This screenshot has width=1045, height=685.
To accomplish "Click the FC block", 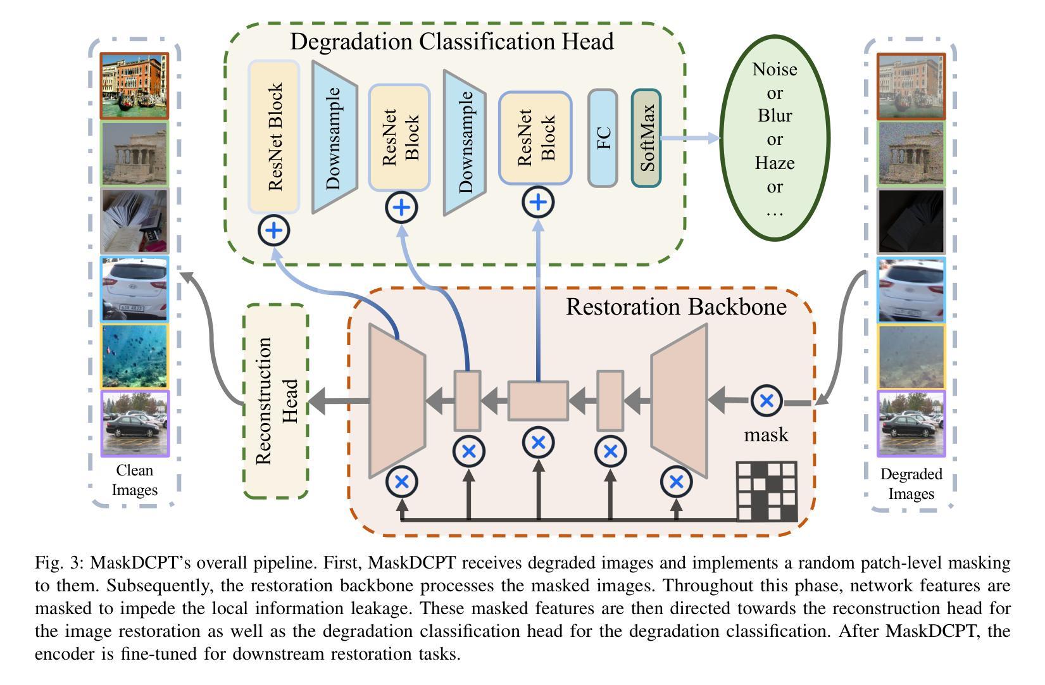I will (603, 138).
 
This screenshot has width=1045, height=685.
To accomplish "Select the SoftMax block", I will (646, 138).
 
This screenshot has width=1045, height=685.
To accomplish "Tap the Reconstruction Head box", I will (276, 400).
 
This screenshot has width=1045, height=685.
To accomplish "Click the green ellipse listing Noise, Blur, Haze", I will (774, 139).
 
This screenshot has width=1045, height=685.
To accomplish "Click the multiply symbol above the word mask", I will (767, 401).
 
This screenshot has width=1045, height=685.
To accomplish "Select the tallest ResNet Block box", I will (274, 137).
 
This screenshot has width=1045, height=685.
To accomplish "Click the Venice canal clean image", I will (135, 86).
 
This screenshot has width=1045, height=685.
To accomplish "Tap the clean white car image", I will (135, 289).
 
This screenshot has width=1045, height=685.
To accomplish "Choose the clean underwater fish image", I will (135, 356).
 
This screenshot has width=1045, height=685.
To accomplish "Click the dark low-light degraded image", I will (910, 221).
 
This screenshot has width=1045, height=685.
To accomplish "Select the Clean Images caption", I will (134, 480).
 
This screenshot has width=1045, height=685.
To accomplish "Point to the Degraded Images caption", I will (911, 484).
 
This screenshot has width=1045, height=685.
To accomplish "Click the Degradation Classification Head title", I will (451, 42).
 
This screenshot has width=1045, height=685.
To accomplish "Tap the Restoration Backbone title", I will (676, 306).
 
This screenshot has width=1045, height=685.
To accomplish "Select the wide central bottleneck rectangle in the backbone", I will (538, 401).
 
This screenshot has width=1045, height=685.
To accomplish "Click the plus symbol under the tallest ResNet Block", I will (274, 230).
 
